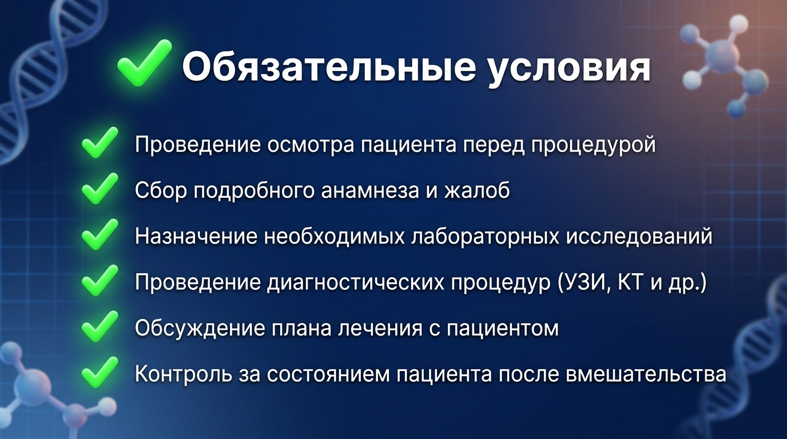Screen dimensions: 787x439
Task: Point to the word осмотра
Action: pos(311,145)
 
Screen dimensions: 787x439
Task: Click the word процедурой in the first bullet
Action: pos(593,145)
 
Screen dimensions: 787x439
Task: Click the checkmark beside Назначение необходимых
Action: pos(100,234)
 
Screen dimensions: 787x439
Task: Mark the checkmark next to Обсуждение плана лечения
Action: pos(100,326)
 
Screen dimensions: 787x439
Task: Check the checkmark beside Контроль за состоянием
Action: pos(100,372)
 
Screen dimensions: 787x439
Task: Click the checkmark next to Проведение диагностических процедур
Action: pos(100,280)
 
